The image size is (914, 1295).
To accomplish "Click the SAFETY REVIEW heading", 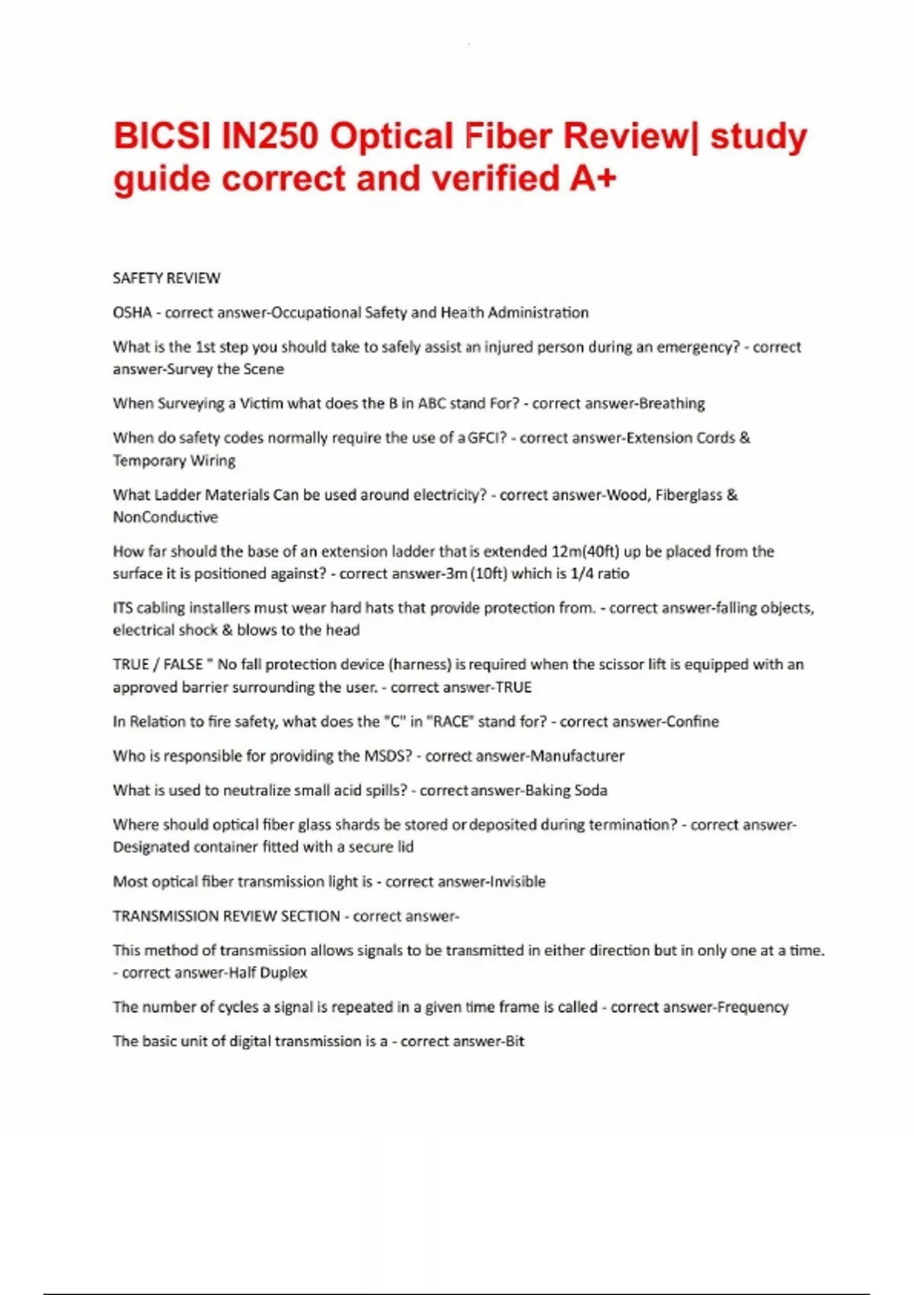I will (166, 278).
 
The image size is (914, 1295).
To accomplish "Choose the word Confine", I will (692, 721).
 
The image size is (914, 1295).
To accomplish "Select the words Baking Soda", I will (566, 790).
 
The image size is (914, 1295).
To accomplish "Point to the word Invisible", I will (517, 881).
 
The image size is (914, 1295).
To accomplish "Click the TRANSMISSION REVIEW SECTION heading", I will (226, 916).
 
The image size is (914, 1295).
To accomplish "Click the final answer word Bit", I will (515, 1041).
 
